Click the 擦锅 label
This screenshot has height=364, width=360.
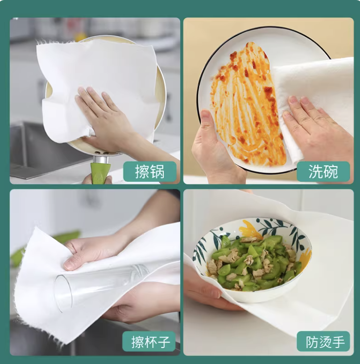coord(149,172)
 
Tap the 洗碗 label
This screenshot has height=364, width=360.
coord(323,172)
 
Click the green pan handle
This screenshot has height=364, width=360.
coord(101,173)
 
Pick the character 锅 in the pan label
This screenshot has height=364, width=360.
coord(157,172)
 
